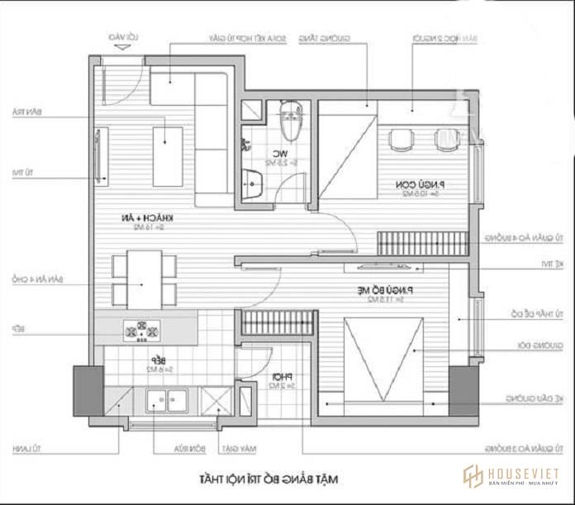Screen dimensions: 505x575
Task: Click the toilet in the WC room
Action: (x=289, y=122)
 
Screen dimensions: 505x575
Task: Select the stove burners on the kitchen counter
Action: (x=141, y=328)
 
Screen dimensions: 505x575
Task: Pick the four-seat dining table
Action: (x=145, y=279)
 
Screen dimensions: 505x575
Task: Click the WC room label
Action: (x=281, y=155)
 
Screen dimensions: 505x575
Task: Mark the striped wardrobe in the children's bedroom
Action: (x=421, y=243)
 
